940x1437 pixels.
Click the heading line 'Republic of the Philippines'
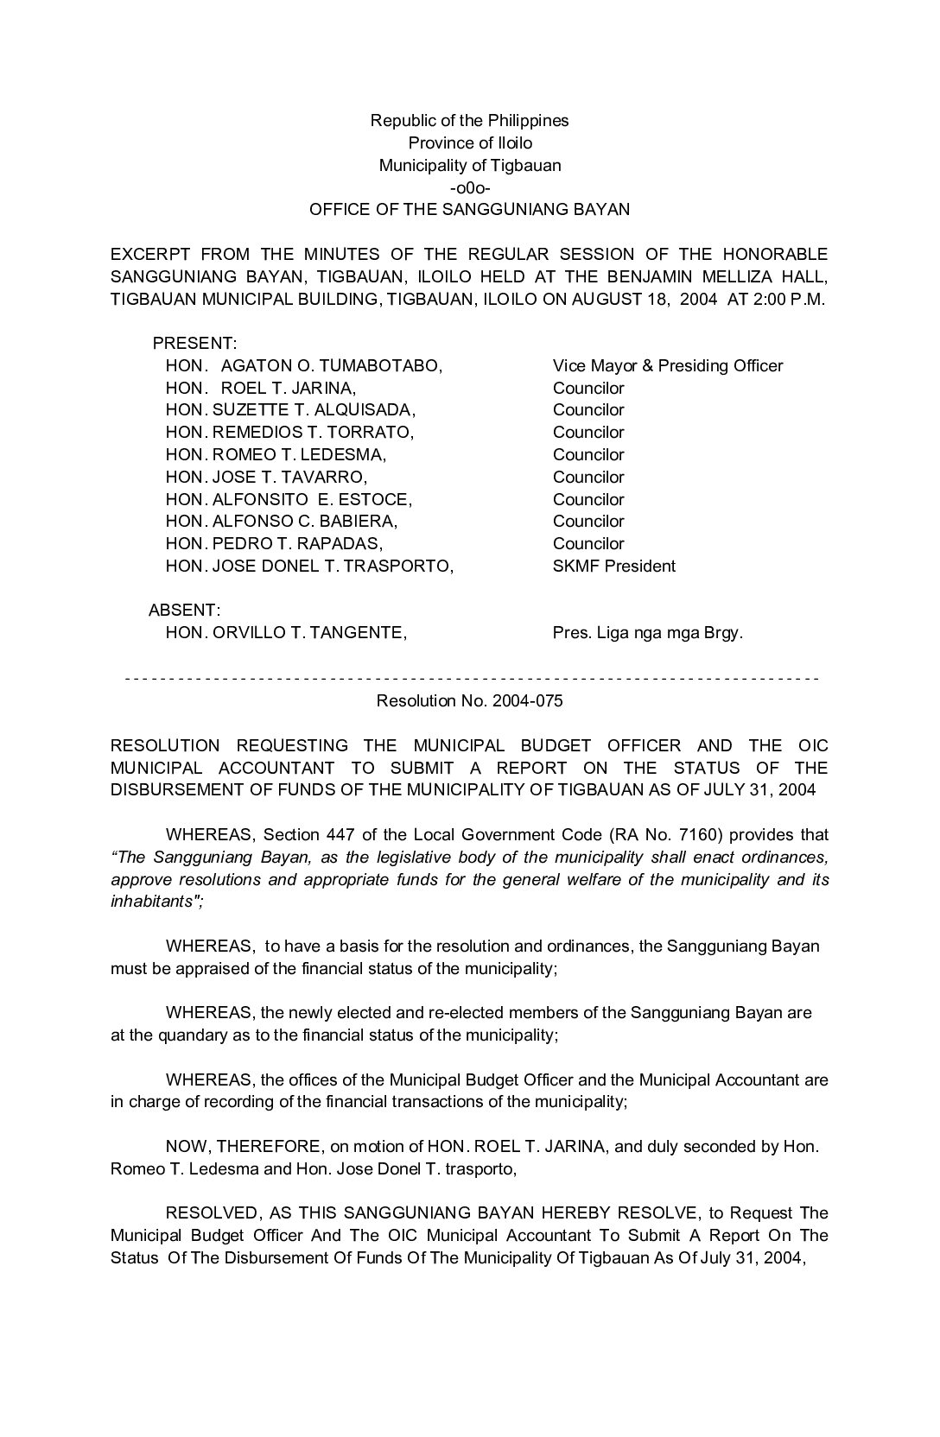[469, 120]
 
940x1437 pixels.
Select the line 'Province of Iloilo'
[470, 142]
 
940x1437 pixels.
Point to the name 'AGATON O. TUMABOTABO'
[332, 365]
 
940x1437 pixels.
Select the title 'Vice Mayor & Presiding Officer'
[667, 365]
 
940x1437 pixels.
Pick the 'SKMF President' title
[613, 566]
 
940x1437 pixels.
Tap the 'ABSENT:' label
[184, 611]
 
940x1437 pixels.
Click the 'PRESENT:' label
[194, 343]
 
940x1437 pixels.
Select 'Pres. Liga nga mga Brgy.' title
[647, 633]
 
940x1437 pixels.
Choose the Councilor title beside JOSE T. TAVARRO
[587, 477]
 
